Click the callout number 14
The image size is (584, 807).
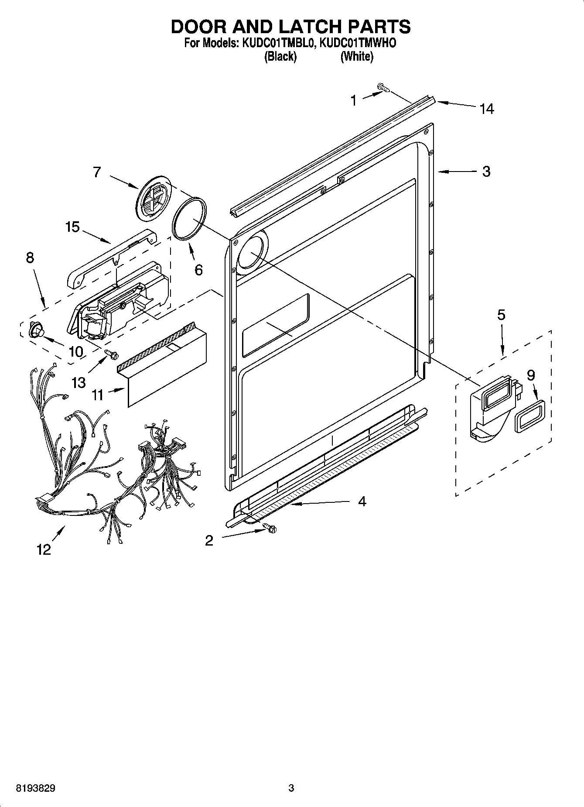point(487,109)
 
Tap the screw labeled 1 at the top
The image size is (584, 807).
point(384,89)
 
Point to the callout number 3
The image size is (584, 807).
point(486,172)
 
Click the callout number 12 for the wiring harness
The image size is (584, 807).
point(44,549)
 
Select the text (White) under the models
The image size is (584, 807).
point(357,57)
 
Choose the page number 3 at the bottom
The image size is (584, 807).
point(291,788)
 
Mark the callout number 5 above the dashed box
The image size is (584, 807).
point(502,315)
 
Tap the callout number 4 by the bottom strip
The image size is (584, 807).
point(362,501)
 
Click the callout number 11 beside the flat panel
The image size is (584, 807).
point(98,395)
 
